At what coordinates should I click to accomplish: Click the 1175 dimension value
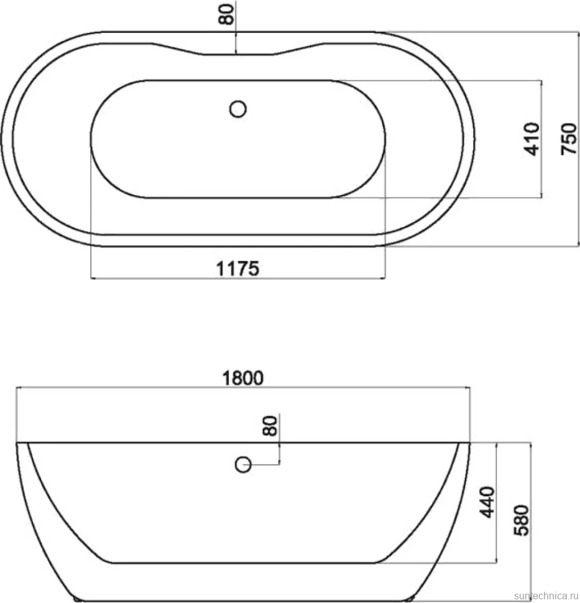[237, 268]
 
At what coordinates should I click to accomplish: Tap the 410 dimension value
[532, 139]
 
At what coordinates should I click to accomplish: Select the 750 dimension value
[569, 139]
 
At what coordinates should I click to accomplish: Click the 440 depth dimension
[487, 502]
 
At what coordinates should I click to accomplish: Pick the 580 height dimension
[522, 520]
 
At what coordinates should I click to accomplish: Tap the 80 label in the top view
[226, 14]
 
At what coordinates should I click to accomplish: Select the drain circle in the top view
[237, 109]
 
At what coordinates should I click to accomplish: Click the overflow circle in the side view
[243, 464]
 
